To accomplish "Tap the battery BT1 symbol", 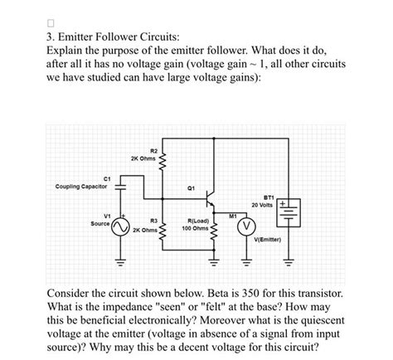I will pyautogui.click(x=289, y=212).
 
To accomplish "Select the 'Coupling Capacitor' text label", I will pyautogui.click(x=80, y=187).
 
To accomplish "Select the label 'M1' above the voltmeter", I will pyautogui.click(x=234, y=214).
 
